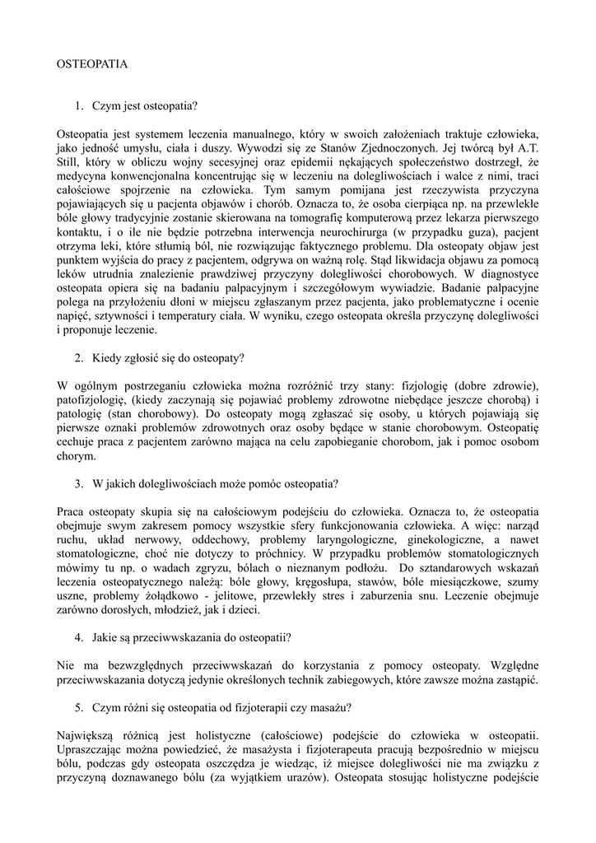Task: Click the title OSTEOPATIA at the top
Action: [92, 63]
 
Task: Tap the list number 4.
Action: [78, 638]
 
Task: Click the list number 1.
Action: [78, 106]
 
